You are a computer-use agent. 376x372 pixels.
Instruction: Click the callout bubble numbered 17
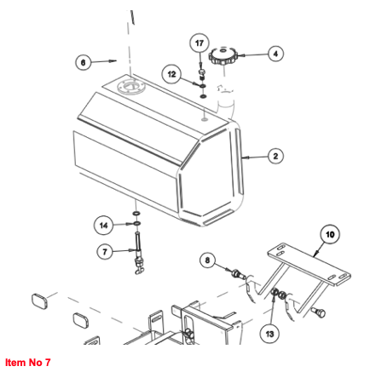pyautogui.click(x=200, y=43)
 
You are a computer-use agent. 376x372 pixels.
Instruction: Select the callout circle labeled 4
pyautogui.click(x=275, y=54)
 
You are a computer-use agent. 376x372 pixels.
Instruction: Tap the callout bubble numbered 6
pyautogui.click(x=84, y=62)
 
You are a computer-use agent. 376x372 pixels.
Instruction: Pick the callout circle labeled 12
pyautogui.click(x=171, y=74)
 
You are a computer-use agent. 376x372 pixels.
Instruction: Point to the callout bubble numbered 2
pyautogui.click(x=275, y=156)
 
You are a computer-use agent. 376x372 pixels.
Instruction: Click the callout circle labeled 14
pyautogui.click(x=104, y=225)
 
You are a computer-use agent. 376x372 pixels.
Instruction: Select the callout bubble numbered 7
pyautogui.click(x=105, y=252)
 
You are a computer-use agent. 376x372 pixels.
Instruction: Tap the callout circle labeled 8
pyautogui.click(x=207, y=260)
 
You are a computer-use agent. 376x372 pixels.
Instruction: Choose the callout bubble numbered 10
pyautogui.click(x=330, y=235)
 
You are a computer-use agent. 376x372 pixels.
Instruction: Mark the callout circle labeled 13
pyautogui.click(x=269, y=334)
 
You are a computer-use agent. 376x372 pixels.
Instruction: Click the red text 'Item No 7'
pyautogui.click(x=28, y=363)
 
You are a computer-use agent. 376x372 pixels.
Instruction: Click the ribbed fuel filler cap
pyautogui.click(x=223, y=57)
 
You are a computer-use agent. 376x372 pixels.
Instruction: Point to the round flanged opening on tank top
pyautogui.click(x=130, y=86)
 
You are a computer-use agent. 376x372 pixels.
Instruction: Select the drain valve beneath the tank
pyautogui.click(x=138, y=253)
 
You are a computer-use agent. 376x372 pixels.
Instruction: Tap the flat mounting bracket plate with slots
pyautogui.click(x=309, y=265)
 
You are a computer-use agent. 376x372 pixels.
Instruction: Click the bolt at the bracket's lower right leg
pyautogui.click(x=319, y=312)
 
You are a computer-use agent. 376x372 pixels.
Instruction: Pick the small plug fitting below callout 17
pyautogui.click(x=202, y=74)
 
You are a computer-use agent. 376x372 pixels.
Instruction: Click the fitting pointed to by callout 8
pyautogui.click(x=239, y=274)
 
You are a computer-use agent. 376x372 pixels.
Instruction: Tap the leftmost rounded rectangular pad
pyautogui.click(x=39, y=301)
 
